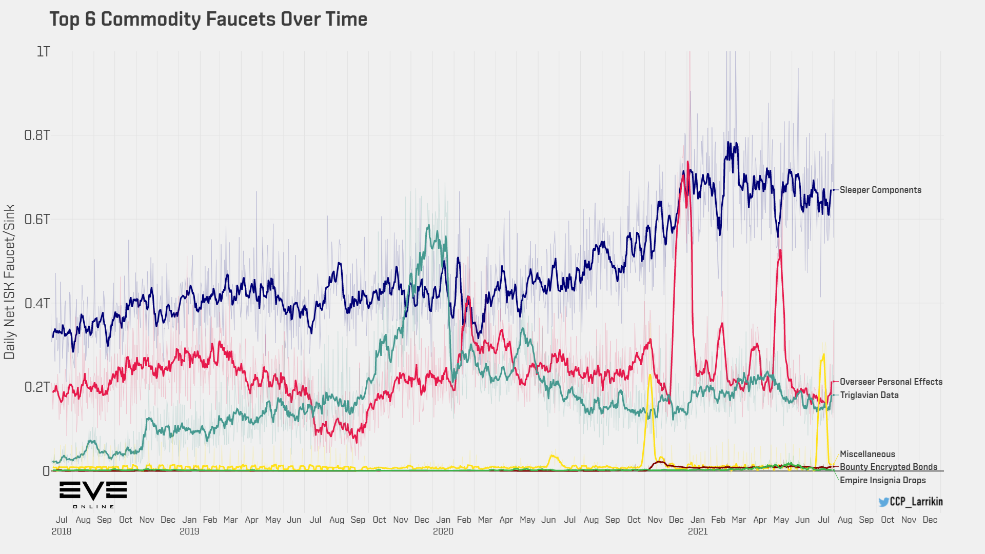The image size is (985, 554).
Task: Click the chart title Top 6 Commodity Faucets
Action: point(208,19)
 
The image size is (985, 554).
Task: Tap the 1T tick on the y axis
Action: point(43,52)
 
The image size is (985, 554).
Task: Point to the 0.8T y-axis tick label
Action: point(37,135)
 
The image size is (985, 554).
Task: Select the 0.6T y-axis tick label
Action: point(37,220)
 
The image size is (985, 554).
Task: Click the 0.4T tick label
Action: point(37,303)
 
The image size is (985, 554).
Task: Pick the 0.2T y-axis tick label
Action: point(37,387)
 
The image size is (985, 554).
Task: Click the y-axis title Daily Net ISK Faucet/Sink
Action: point(10,282)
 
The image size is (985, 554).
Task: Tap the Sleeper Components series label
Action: point(880,190)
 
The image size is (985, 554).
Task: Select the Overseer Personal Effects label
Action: point(891,382)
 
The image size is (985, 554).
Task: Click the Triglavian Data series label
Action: point(869,395)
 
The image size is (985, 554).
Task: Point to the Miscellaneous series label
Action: point(867,454)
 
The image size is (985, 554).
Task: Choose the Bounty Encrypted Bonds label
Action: point(888,467)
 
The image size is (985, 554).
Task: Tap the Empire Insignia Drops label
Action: point(882,480)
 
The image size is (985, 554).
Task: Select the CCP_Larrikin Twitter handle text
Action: point(916,502)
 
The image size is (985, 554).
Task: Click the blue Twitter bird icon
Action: point(883,502)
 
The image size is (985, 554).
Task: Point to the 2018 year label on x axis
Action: point(62,531)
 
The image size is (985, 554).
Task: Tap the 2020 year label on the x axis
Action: point(443,531)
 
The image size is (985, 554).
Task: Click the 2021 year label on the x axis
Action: point(697,531)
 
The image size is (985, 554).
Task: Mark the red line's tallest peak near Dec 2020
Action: point(687,162)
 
